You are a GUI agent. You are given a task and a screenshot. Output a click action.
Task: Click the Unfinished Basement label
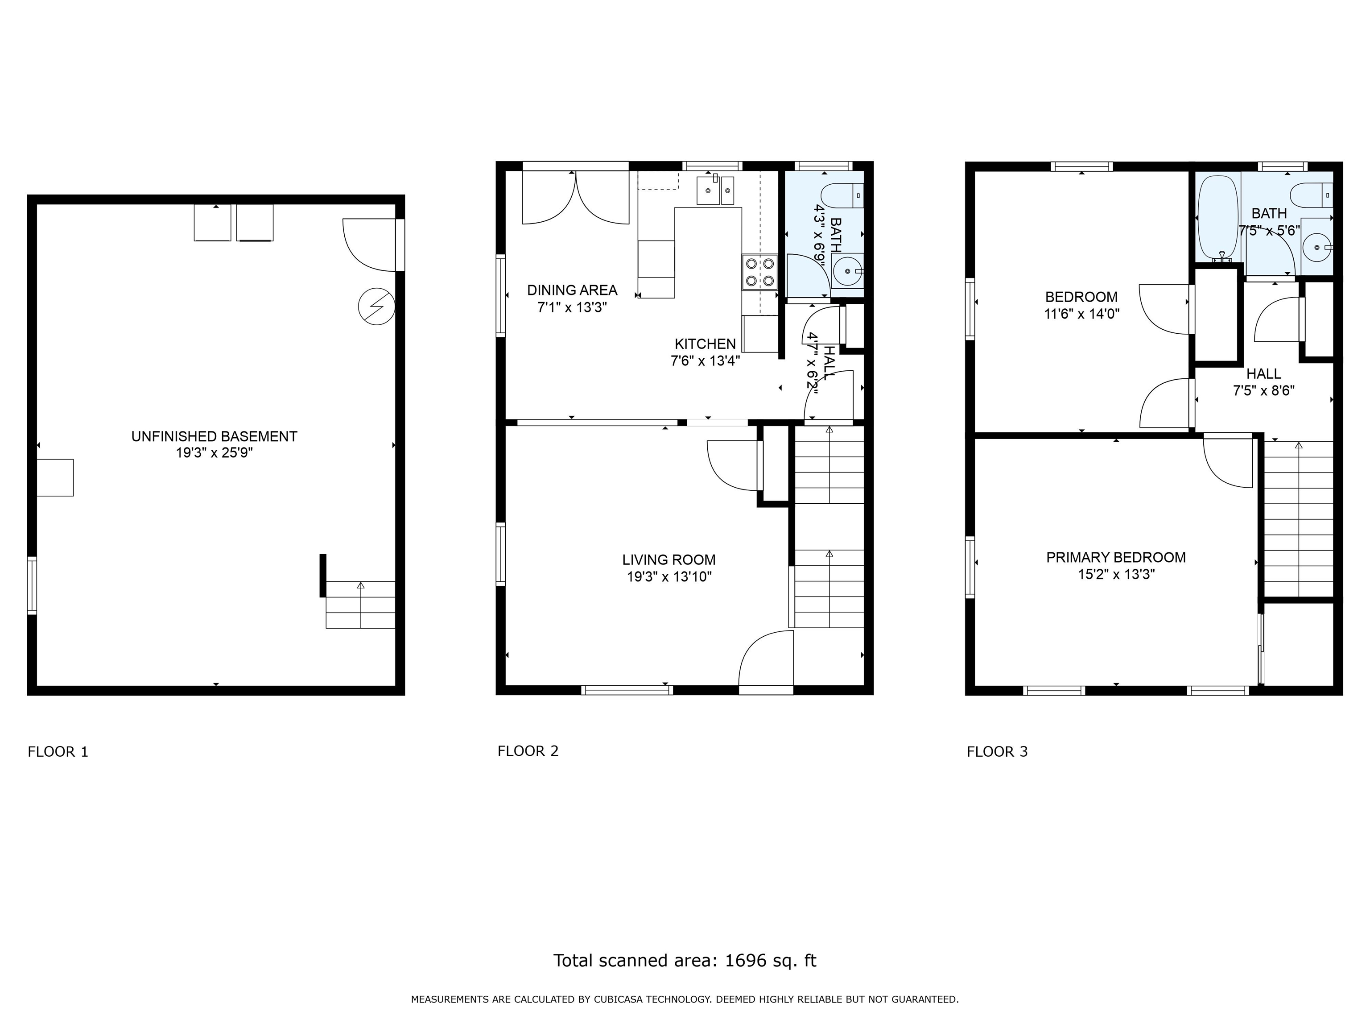coord(215,436)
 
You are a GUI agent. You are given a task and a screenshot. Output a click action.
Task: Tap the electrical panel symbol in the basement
coord(376,307)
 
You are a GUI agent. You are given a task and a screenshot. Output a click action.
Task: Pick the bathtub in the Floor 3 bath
coord(1217,220)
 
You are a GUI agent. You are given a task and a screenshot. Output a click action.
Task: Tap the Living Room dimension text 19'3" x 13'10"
coord(669,577)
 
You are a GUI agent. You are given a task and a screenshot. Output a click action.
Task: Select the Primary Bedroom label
coord(1115,557)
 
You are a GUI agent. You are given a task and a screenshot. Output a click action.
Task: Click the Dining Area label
coord(572,290)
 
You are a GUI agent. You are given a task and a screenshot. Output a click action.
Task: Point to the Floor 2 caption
coord(528,751)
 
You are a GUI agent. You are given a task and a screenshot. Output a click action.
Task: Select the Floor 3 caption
coord(997,752)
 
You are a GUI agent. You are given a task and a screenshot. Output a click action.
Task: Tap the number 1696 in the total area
coord(745,961)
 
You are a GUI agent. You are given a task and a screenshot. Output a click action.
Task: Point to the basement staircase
coord(360,605)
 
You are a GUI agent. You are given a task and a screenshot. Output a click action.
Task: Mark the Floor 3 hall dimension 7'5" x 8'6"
coord(1263,391)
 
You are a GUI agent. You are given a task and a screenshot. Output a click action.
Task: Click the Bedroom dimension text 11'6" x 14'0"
coord(1081,314)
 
